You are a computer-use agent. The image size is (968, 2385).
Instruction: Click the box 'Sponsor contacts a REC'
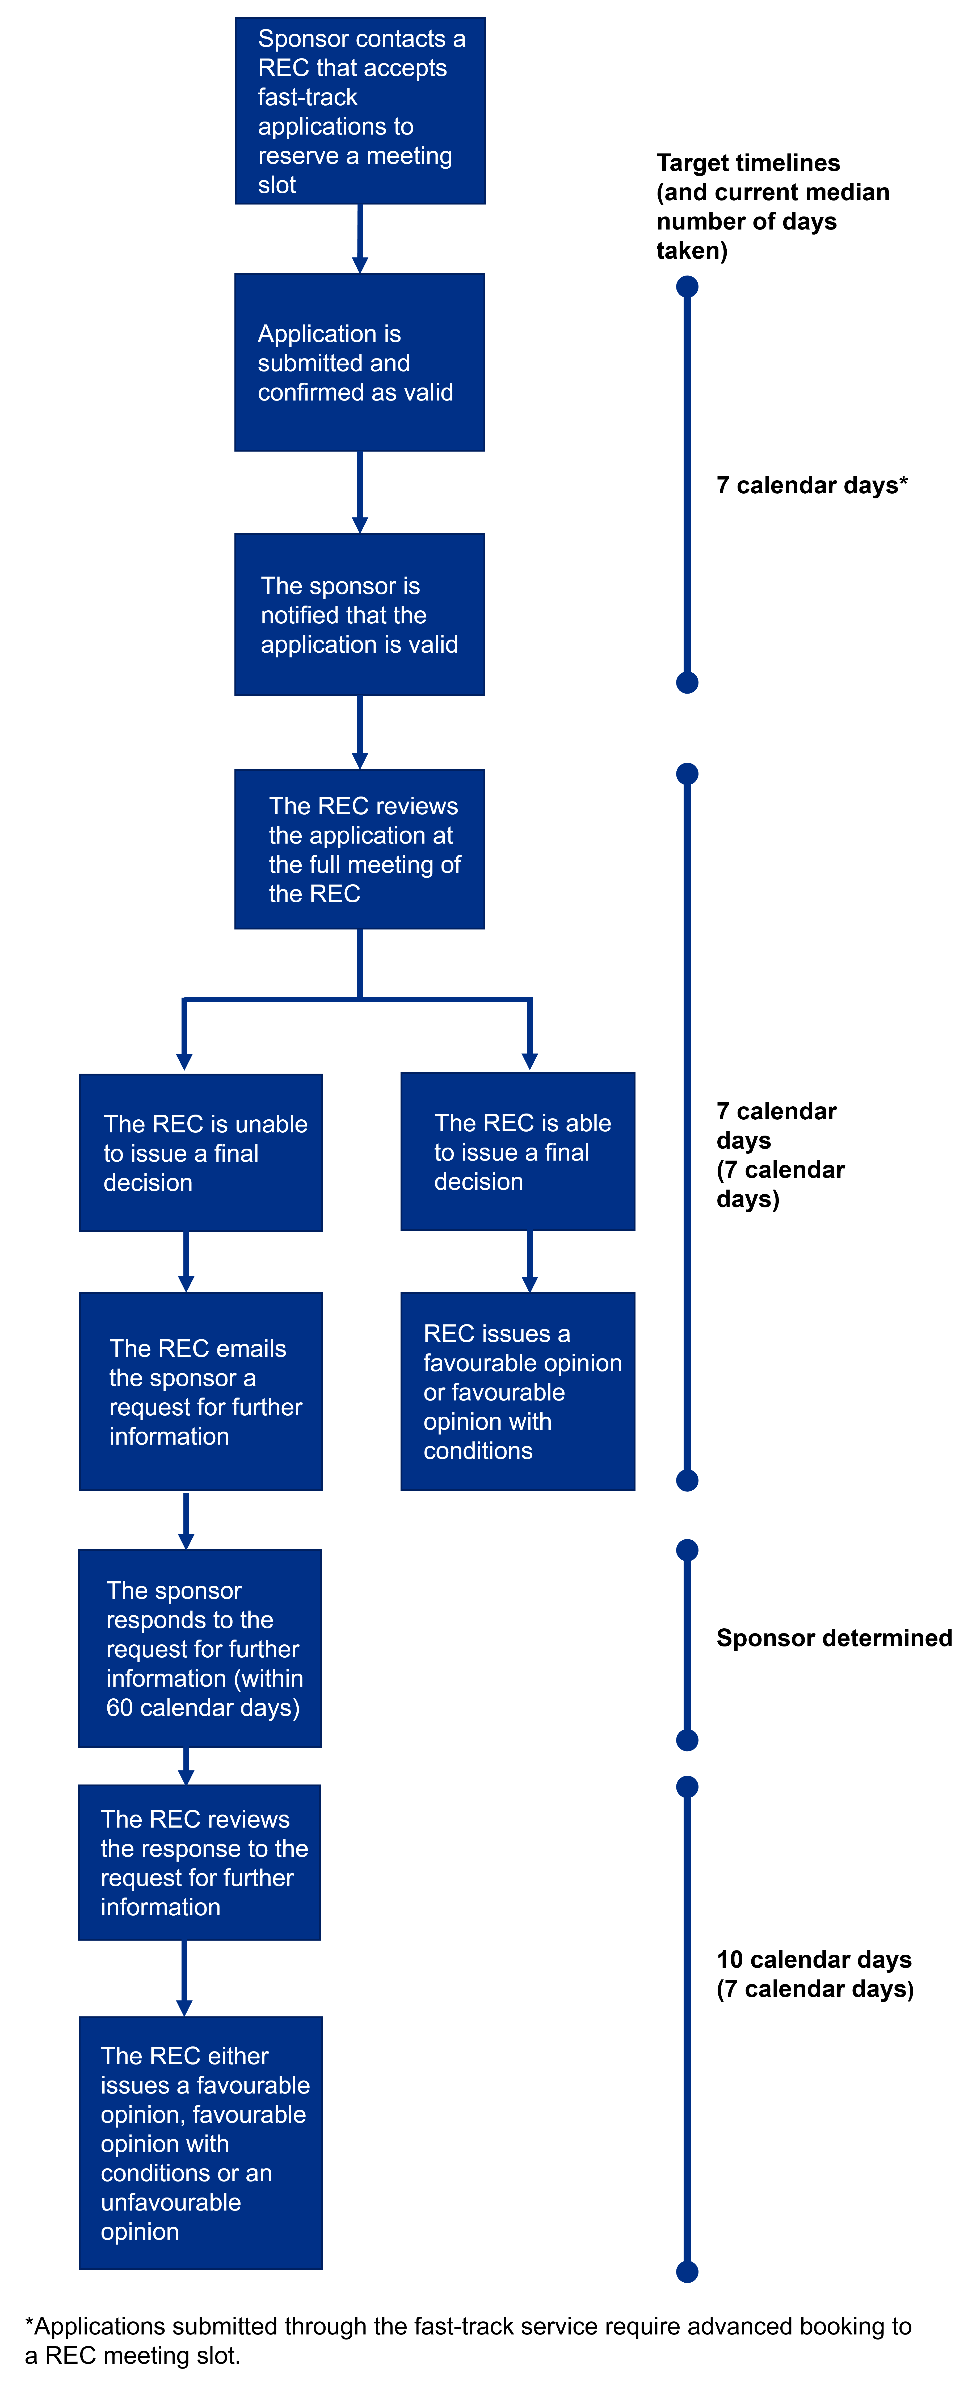tap(360, 111)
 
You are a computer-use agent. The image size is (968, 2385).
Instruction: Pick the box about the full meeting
tap(360, 849)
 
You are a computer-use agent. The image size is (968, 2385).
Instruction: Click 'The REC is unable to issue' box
tap(201, 1153)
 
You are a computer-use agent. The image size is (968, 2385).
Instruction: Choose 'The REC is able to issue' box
tap(517, 1152)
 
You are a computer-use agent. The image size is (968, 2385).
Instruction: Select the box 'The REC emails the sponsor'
tap(201, 1391)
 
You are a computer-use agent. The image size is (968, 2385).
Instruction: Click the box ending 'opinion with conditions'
tap(517, 1391)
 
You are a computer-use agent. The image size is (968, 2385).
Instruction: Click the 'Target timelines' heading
tap(773, 206)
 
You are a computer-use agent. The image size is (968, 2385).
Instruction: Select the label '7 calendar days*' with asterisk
tap(812, 485)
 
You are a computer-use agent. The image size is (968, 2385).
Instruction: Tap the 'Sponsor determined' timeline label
tap(833, 1638)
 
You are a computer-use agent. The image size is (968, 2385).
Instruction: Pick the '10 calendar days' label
tap(814, 1974)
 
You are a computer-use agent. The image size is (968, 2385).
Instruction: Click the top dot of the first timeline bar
tap(687, 287)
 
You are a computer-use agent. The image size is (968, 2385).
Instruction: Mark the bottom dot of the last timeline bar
tap(687, 2271)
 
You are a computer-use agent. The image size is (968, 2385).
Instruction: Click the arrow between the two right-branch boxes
tap(529, 1261)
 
